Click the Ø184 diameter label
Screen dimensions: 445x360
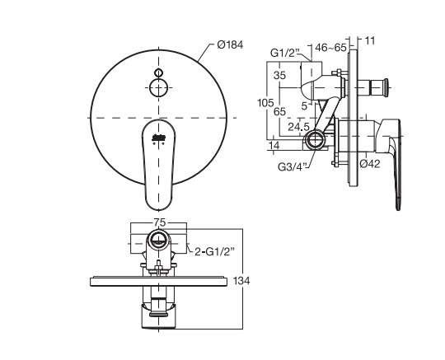[x=230, y=44]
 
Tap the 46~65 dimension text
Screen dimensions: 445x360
[x=330, y=48]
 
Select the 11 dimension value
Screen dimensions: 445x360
[x=369, y=41]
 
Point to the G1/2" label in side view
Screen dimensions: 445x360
[x=284, y=53]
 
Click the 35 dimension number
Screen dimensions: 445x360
[x=279, y=76]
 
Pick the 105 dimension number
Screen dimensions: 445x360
[x=265, y=103]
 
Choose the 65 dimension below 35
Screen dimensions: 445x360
[x=279, y=111]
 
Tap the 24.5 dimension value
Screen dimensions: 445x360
[x=298, y=127]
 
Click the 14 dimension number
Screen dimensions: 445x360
[x=274, y=145]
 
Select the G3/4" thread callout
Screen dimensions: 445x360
[x=293, y=166]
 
